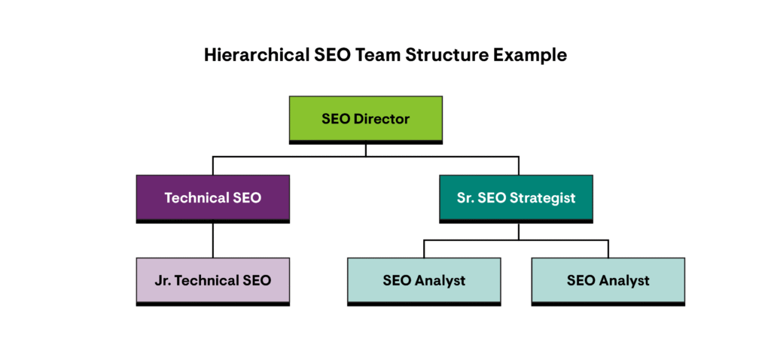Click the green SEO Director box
[x=365, y=118]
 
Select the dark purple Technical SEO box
[x=213, y=198]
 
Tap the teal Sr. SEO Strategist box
[x=517, y=198]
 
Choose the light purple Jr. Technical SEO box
[x=213, y=280]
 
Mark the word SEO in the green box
[x=335, y=119]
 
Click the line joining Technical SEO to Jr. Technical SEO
[x=213, y=240]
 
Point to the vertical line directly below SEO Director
[x=366, y=150]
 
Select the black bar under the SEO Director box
[x=365, y=142]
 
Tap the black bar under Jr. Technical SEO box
[x=213, y=304]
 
